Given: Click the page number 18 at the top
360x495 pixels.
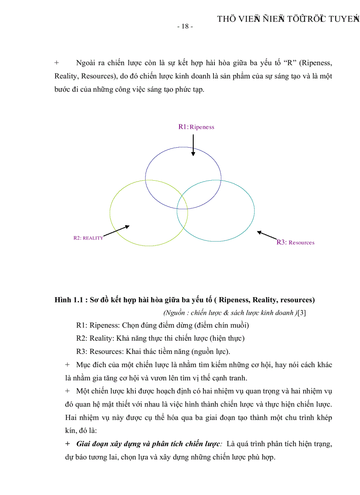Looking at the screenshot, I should click(185, 26).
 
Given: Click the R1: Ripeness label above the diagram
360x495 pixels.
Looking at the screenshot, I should click(196, 127).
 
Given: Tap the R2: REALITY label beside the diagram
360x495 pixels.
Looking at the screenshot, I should click(88, 238).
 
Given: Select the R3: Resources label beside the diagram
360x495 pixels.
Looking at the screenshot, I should click(295, 242).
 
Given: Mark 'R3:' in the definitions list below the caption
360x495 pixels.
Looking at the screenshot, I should click(82, 351).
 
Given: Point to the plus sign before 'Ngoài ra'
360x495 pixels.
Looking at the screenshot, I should click(57, 63).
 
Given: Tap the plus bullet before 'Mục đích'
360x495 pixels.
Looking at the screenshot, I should click(67, 365).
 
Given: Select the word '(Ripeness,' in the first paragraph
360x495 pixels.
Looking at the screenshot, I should click(315, 63).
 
